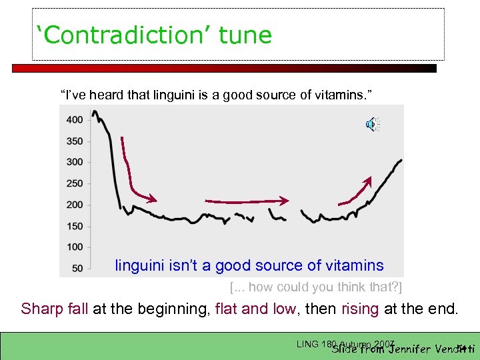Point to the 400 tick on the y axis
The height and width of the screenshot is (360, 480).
75,120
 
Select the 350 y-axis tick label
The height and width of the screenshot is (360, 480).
75,141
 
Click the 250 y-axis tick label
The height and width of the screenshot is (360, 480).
75,183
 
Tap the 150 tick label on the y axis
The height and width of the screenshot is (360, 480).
75,226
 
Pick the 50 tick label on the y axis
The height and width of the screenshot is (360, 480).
77,268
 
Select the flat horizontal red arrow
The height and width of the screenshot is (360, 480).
247,200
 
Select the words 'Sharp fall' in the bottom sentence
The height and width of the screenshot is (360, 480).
55,309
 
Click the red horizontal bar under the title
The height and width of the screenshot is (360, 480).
224,68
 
